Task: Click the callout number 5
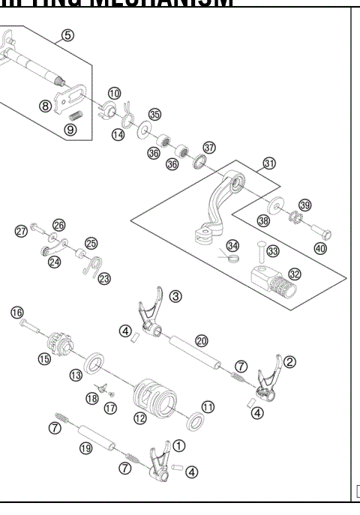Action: (67, 36)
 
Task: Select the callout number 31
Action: (269, 163)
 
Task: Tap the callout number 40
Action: (320, 248)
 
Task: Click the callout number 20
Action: (202, 340)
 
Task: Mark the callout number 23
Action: (104, 279)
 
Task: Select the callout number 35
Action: (154, 115)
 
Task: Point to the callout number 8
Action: (46, 106)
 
